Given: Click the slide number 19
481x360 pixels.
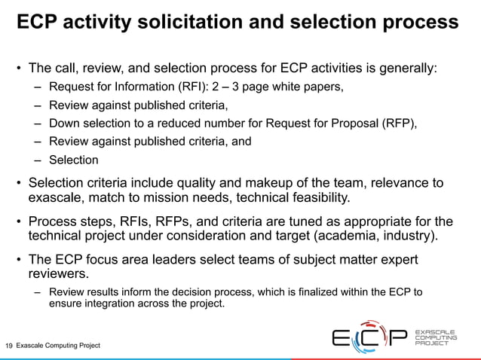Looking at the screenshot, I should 9,346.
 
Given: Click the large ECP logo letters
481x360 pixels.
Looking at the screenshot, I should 369,339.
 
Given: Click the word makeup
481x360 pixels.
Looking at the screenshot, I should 288,183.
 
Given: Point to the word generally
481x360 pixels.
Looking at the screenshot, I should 402,69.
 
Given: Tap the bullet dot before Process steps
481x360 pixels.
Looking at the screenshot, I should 19,221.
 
